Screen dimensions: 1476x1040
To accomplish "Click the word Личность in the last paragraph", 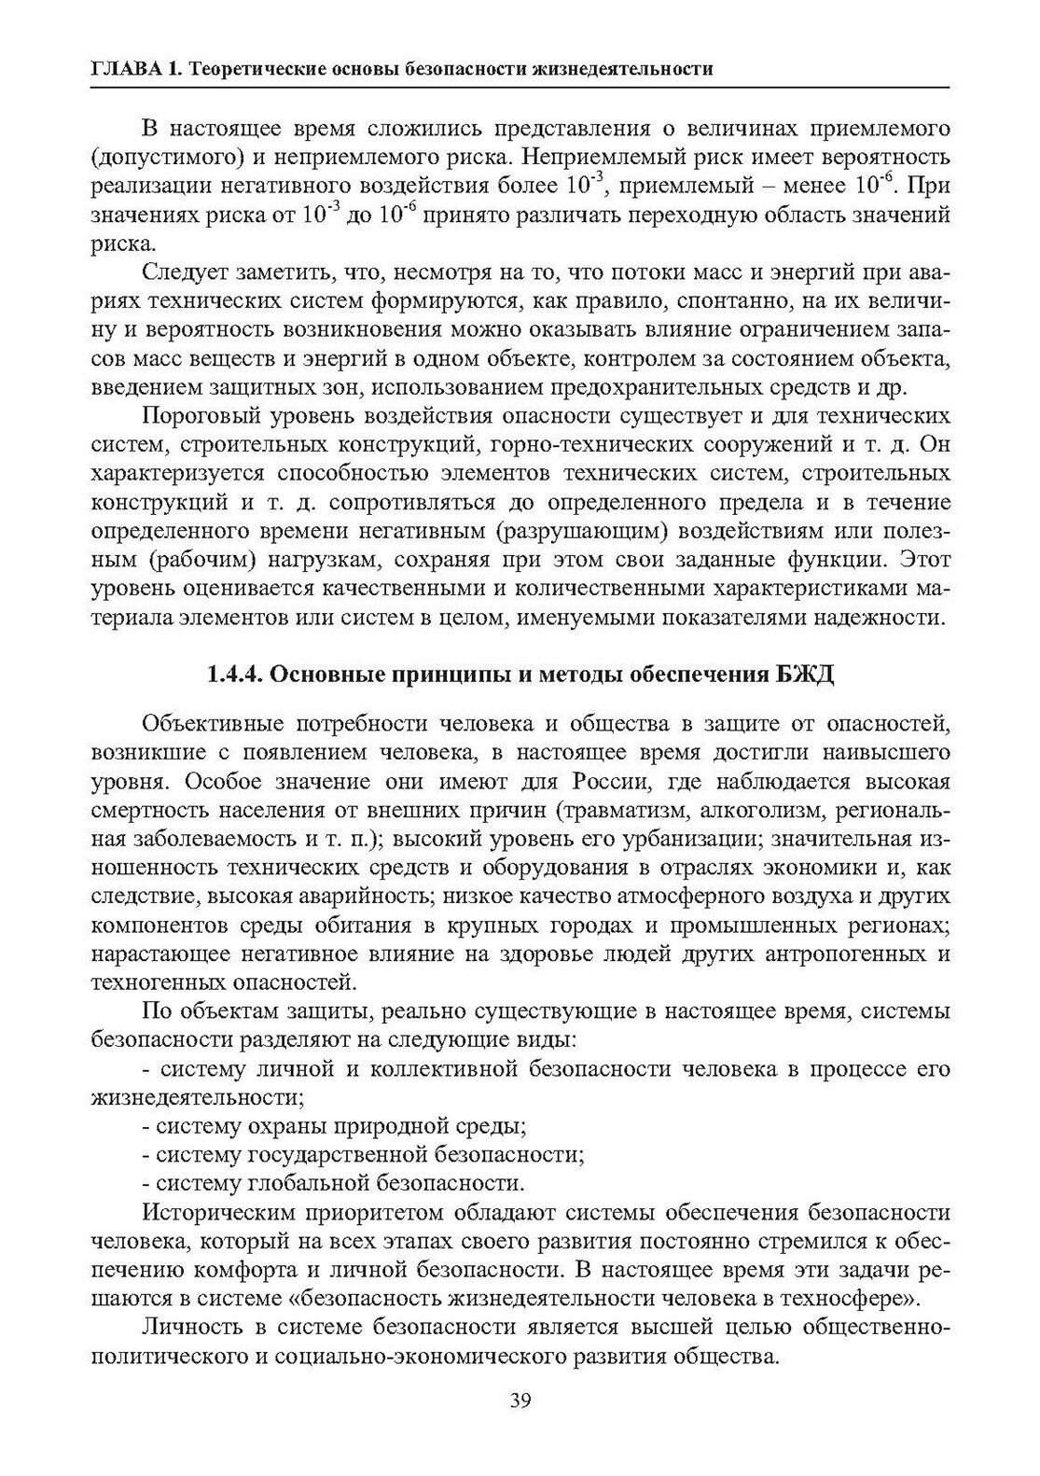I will click(187, 1327).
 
